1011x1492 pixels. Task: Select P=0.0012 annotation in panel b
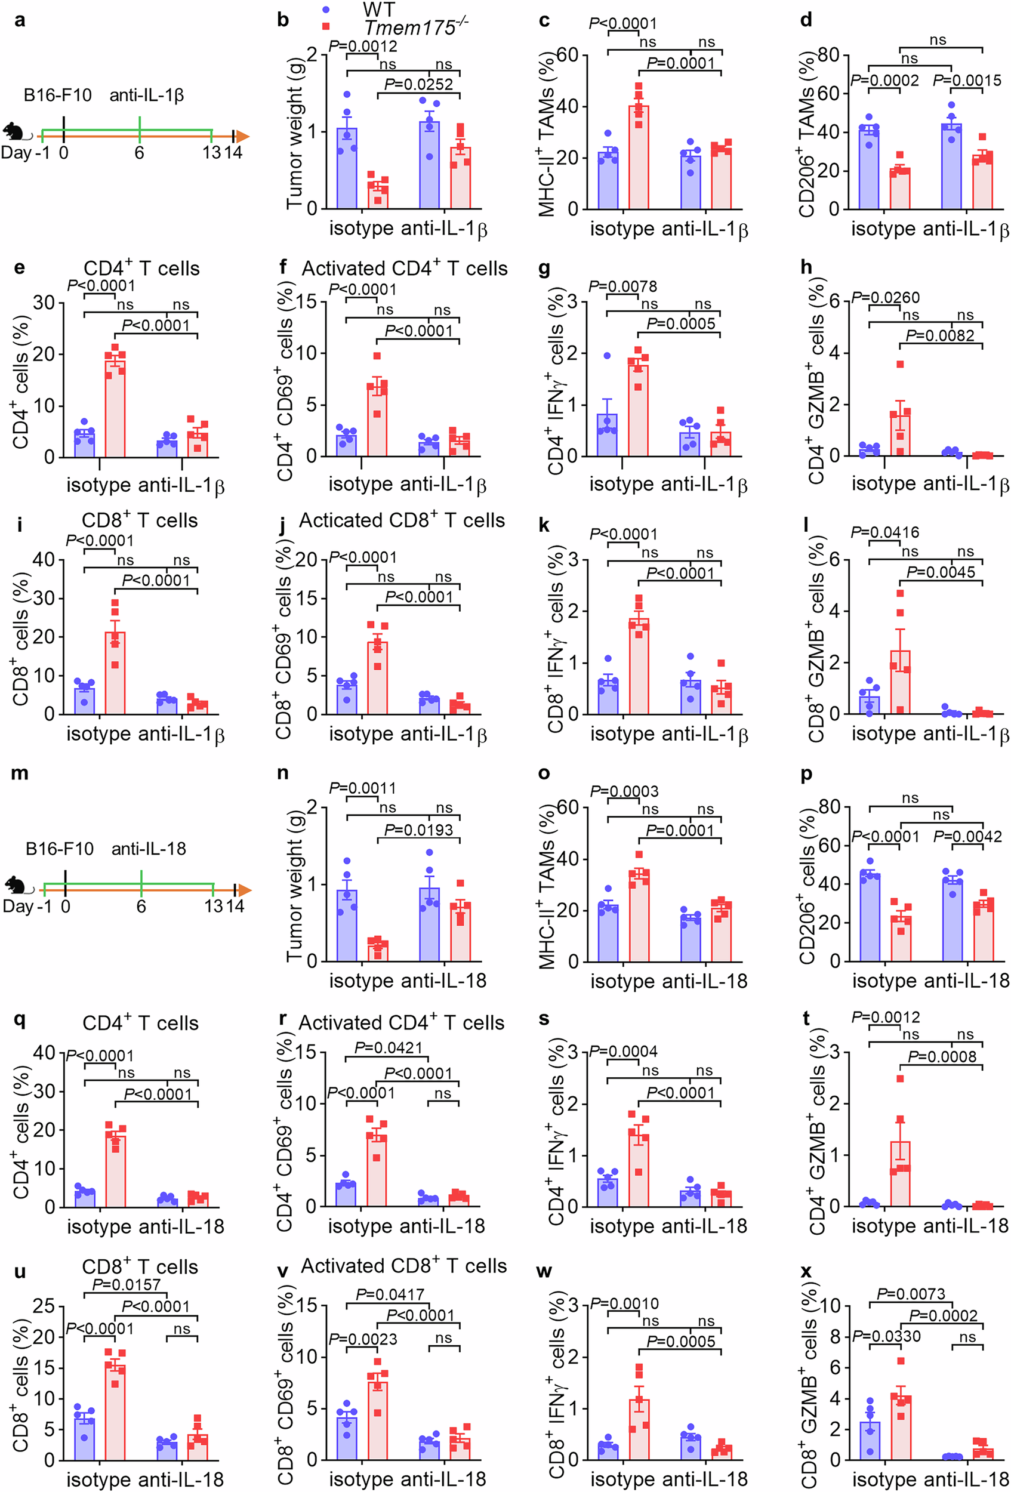pos(363,46)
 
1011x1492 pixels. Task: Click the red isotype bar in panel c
pos(638,158)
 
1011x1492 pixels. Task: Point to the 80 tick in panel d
pos(828,56)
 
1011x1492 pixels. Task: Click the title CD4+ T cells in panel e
pos(141,269)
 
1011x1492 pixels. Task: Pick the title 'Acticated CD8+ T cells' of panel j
pos(402,520)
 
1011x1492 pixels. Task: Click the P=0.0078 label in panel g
pos(622,286)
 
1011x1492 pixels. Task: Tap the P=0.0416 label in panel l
pos(884,532)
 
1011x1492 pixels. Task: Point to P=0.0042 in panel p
pos(967,837)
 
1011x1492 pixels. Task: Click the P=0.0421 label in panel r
pos(389,1048)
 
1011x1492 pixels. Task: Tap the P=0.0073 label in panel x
pos(910,1294)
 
